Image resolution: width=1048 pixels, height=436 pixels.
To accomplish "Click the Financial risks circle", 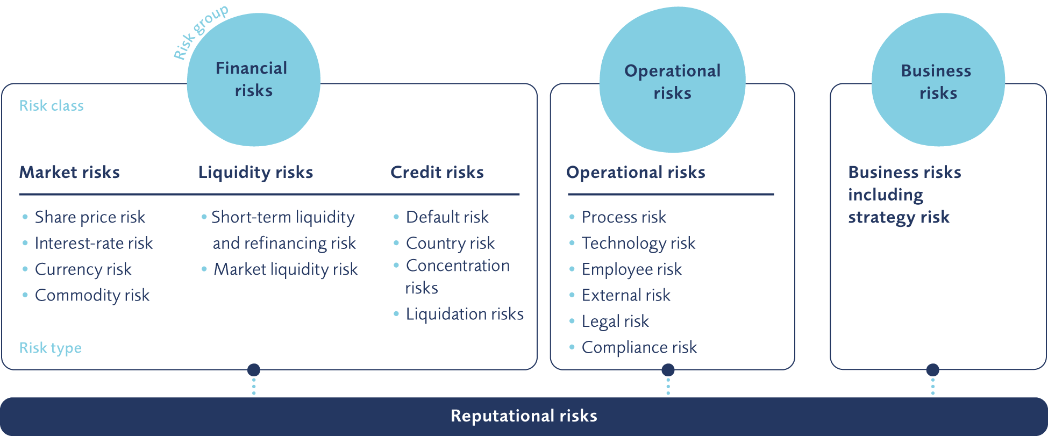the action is coord(254,80).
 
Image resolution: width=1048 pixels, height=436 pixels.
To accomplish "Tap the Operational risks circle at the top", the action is coord(672,80).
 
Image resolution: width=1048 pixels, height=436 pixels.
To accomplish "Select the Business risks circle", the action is coord(938,80).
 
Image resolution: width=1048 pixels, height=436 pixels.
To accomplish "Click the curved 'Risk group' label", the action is coord(200,32).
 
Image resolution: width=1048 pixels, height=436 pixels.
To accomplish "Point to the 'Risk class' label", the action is coord(52,105).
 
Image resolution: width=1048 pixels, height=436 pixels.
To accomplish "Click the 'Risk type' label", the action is coord(51,348).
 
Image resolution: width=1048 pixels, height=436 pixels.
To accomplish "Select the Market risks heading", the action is coord(69,172).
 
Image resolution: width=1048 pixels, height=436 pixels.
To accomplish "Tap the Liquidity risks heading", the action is coord(255,172).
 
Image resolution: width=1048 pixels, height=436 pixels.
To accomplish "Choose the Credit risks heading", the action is coord(437,172).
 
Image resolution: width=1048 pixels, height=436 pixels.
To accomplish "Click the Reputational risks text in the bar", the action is coord(524,416).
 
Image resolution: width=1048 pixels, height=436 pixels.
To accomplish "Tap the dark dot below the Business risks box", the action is coord(933,370).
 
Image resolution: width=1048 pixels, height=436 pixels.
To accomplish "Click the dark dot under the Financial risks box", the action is coord(254,370).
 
